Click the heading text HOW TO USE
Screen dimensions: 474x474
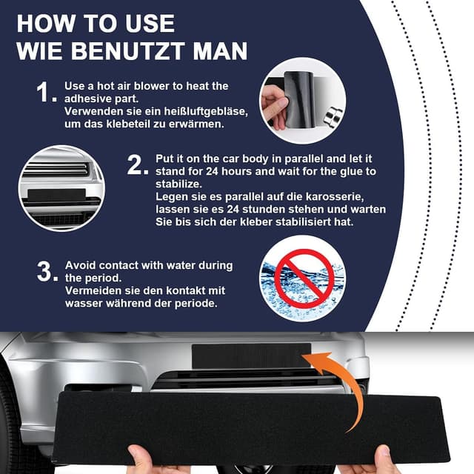pyautogui.click(x=96, y=23)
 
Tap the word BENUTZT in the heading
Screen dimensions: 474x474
pyautogui.click(x=127, y=51)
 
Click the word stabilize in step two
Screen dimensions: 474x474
pyautogui.click(x=178, y=184)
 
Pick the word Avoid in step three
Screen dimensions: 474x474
pyautogui.click(x=81, y=265)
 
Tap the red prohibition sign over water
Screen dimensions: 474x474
pyautogui.click(x=304, y=278)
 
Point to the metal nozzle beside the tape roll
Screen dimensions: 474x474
pyautogui.click(x=333, y=116)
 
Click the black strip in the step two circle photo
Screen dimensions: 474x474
pyautogui.click(x=56, y=195)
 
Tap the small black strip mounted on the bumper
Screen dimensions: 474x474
pyautogui.click(x=251, y=355)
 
